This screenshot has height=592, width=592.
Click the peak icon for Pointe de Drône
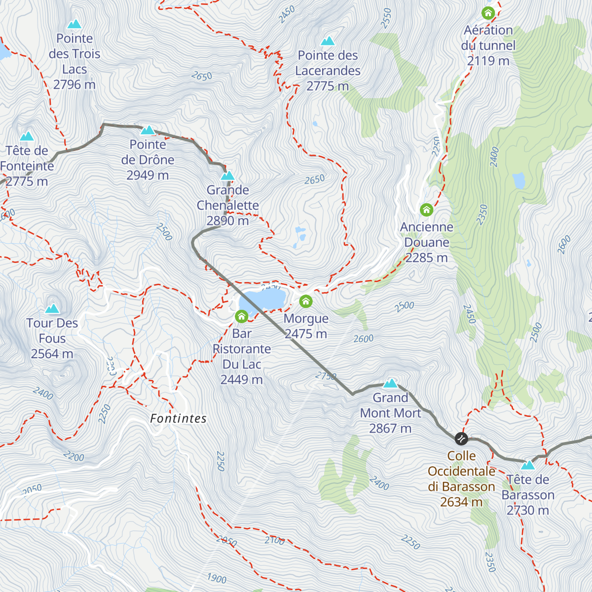[x=148, y=130]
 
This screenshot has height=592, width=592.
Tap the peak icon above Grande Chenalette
[x=227, y=176]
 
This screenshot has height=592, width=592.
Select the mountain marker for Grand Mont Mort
[x=390, y=383]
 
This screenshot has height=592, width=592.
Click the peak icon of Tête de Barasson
[x=528, y=465]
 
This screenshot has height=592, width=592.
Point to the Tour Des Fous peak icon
[x=52, y=309]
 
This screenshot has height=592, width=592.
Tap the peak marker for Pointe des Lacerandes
[x=328, y=41]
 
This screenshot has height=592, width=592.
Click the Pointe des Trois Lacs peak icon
[x=74, y=24]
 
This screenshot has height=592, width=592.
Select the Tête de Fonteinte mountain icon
[x=27, y=136]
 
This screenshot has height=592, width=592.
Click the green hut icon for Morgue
[x=306, y=301]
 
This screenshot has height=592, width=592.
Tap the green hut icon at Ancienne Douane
[x=426, y=210]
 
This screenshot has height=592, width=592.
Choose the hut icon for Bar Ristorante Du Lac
[x=241, y=316]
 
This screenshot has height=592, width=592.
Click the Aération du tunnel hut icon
[x=488, y=13]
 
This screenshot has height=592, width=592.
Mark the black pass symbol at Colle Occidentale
[x=461, y=438]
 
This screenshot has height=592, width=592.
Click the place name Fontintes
[x=179, y=419]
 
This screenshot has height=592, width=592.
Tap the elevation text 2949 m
[x=148, y=175]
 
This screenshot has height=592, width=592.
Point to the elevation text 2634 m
[x=461, y=502]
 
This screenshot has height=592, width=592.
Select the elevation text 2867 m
[x=390, y=428]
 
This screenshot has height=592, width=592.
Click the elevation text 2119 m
[x=488, y=61]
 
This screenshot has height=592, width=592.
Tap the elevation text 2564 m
[x=52, y=354]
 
